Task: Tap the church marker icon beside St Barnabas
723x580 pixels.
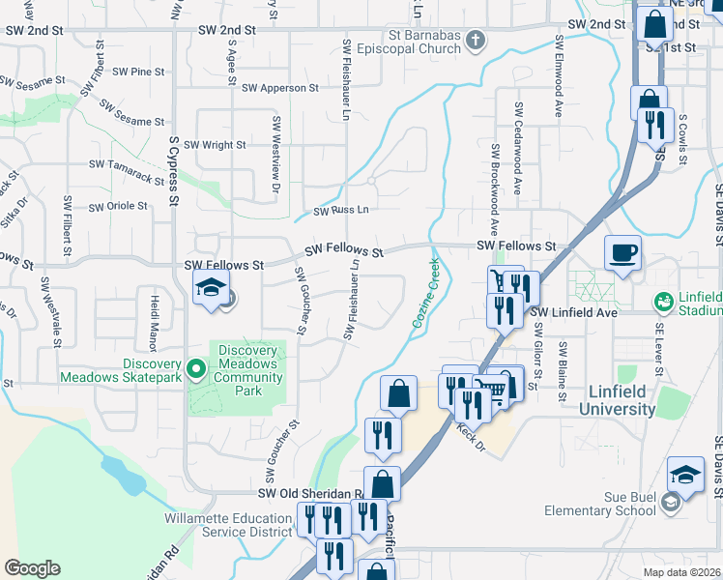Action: [475, 40]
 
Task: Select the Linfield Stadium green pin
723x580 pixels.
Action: [664, 301]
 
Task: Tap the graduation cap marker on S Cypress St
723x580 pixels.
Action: [211, 288]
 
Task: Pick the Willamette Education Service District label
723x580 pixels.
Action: [228, 524]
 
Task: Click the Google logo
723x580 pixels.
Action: [32, 568]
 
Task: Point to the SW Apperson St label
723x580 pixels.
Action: [280, 88]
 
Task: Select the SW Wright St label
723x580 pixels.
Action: [215, 145]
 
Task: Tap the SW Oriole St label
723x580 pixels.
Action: [118, 206]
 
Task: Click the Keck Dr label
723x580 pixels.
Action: [468, 428]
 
